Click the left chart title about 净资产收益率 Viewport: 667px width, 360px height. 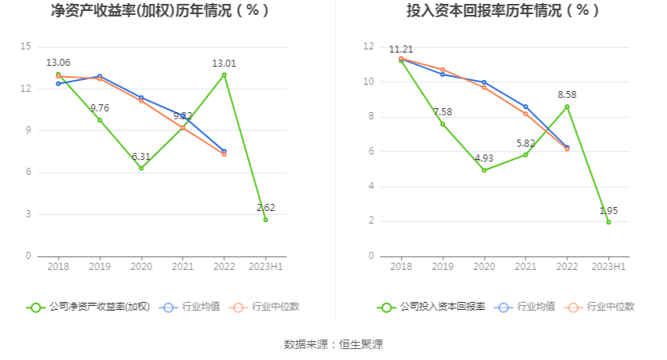160,11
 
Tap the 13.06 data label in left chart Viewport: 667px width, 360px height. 58,63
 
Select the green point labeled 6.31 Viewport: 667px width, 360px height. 141,168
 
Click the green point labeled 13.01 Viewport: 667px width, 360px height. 224,75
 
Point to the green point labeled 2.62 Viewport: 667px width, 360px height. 266,220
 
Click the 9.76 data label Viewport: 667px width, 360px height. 100,107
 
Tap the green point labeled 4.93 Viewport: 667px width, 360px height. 484,170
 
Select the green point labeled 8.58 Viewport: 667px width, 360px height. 567,107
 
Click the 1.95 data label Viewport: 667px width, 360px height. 609,210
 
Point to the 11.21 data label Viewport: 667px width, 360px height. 401,49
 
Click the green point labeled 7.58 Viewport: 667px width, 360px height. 443,124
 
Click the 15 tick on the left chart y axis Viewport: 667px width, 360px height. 26,46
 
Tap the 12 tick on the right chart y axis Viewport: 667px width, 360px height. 368,46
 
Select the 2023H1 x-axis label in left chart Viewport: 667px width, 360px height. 266,267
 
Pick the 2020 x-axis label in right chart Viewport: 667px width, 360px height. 484,267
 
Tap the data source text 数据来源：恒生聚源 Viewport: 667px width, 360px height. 333,344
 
